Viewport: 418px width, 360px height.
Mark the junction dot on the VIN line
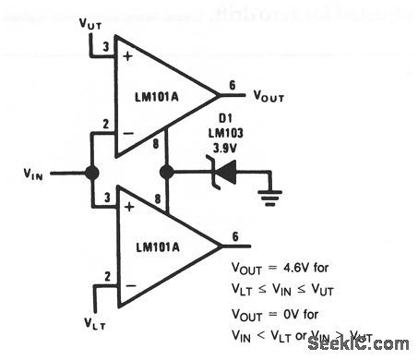(x=92, y=172)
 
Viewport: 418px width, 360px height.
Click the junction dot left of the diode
(x=167, y=172)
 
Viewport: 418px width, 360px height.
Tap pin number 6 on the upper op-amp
(x=233, y=86)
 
